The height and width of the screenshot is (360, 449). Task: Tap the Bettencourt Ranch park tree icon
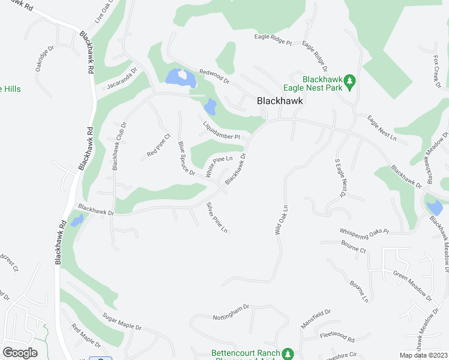coord(288,353)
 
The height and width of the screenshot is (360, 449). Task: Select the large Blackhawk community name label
coord(280,101)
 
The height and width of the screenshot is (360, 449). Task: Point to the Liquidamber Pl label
coord(221,130)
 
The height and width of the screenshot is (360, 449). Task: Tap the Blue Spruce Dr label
coord(187,158)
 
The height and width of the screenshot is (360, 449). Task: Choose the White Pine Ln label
coord(218,166)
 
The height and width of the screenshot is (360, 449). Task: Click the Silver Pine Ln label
coord(217,218)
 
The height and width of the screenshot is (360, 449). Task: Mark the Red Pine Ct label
coord(159,150)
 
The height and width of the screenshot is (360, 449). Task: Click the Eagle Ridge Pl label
coord(272,43)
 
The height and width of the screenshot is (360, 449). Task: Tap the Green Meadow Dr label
coord(412,284)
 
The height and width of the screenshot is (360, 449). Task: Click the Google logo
coord(20,352)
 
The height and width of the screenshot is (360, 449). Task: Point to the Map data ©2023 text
coord(423,355)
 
